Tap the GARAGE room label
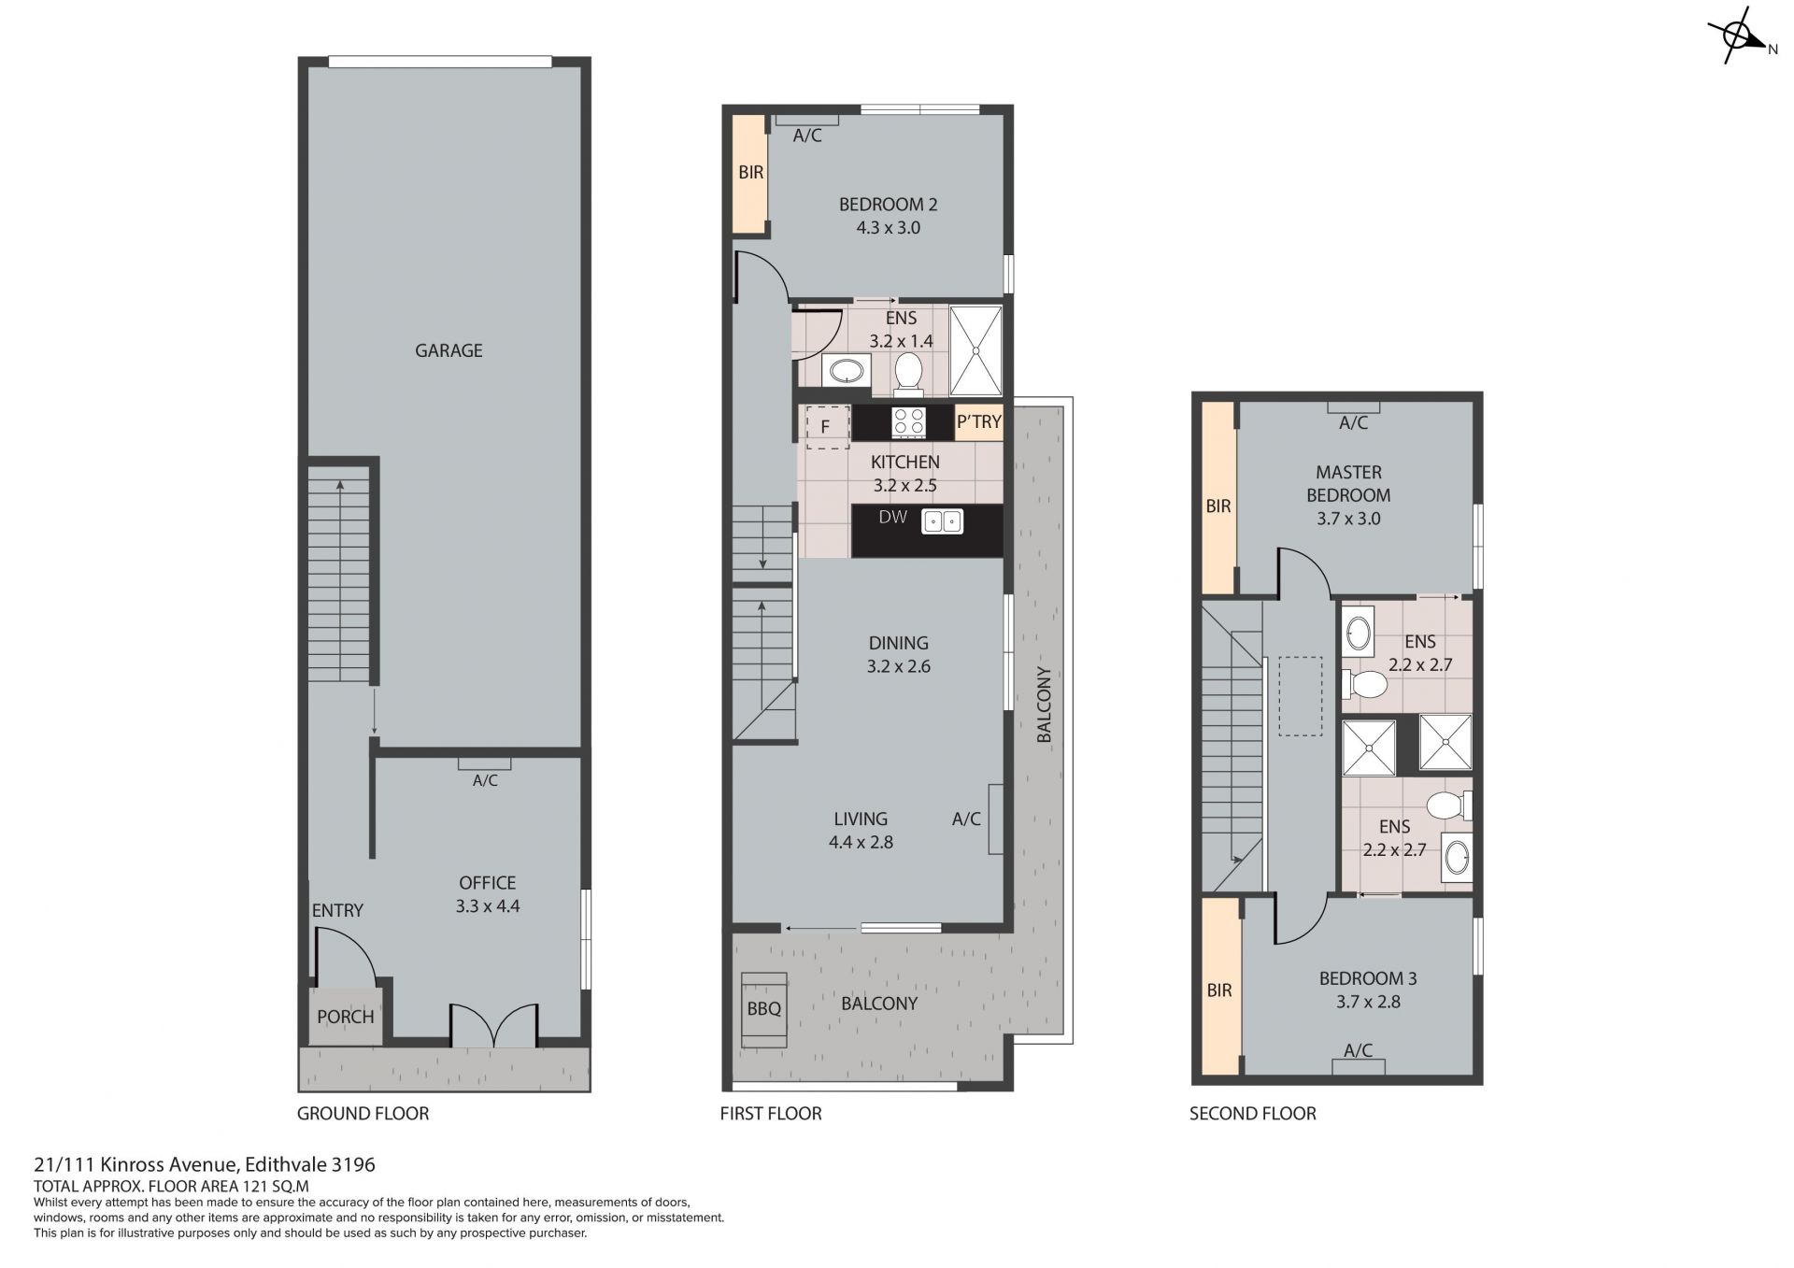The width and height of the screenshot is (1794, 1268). click(x=448, y=350)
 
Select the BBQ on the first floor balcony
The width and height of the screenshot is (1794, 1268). click(x=764, y=1009)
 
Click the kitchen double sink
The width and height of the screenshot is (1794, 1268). click(x=942, y=521)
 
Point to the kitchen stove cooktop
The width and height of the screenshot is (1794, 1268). click(x=909, y=422)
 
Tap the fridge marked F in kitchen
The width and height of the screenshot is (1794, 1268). click(x=827, y=427)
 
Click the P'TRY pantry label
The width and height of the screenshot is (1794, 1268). click(x=978, y=422)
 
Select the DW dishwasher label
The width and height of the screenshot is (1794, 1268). click(x=892, y=517)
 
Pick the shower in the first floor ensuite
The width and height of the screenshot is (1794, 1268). click(x=975, y=350)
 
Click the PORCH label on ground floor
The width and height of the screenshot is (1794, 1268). click(x=345, y=1017)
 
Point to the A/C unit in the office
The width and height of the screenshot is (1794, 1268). click(x=484, y=762)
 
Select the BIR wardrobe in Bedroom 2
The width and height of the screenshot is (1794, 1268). click(x=749, y=174)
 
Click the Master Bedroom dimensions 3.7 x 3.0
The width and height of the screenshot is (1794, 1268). click(x=1348, y=519)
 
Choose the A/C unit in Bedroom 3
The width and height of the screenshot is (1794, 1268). click(x=1359, y=1065)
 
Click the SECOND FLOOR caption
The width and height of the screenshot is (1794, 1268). click(x=1252, y=1114)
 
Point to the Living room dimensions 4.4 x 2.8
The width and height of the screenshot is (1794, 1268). click(x=861, y=842)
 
